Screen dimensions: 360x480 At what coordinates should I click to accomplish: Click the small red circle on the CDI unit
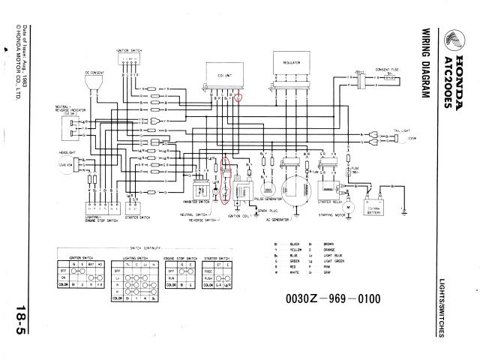click(238, 97)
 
